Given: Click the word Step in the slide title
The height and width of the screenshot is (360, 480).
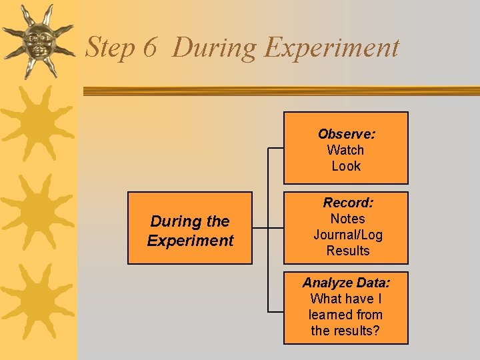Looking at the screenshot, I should point(110,48).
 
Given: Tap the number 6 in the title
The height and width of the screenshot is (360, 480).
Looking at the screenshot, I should point(149,48).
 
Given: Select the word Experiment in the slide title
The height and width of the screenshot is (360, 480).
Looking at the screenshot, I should point(331,48).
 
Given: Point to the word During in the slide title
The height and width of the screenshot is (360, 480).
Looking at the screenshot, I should point(214,48).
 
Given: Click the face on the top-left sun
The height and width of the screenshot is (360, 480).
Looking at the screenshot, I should point(37,41).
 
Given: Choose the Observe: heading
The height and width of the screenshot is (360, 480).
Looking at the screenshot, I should point(346,134).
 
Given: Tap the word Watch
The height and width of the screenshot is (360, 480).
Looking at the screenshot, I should point(345,150).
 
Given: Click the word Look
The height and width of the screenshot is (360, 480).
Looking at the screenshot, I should point(346,166).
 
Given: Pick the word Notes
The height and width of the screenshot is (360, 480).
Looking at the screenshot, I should point(347,219).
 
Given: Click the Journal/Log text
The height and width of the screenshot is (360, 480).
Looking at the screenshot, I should point(347,235).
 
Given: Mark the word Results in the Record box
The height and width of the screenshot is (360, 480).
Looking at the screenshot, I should point(347,251).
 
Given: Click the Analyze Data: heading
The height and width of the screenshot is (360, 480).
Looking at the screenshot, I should point(346,283).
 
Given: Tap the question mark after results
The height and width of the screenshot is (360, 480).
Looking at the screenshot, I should point(377,331).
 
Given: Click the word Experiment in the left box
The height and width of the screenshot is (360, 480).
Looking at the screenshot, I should point(190,240).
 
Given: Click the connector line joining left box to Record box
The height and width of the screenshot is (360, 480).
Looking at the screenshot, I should point(260,228).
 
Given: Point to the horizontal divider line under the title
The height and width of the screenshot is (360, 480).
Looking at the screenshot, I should point(280,91).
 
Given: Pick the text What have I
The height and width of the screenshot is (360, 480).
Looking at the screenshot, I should point(346,299).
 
